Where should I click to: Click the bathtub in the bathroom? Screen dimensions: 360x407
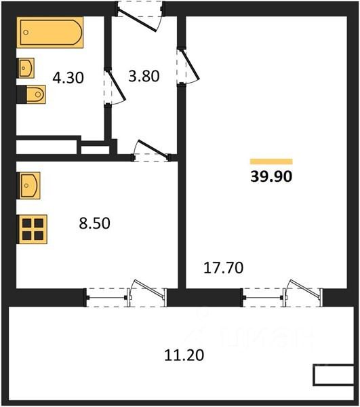coord(50,33)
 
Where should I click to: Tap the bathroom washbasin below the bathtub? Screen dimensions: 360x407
coord(26,68)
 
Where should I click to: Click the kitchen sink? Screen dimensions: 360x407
coord(28,186)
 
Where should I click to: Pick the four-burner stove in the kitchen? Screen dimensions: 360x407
coord(32,229)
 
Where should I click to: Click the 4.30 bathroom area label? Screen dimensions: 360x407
coord(68,77)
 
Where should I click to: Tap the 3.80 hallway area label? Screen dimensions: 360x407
coord(144,76)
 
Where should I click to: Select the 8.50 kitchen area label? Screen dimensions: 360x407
coord(95,223)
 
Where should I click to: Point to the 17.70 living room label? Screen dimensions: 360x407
coord(224,268)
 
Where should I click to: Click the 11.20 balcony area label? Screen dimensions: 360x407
coord(184,355)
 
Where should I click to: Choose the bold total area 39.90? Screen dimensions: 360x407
coord(271,176)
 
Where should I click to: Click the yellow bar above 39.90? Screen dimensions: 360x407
coord(271,161)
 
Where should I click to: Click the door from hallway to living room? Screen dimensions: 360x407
coord(188,66)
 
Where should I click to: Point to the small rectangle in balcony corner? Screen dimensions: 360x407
coord(334,375)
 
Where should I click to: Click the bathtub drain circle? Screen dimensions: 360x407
coord(26,33)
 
